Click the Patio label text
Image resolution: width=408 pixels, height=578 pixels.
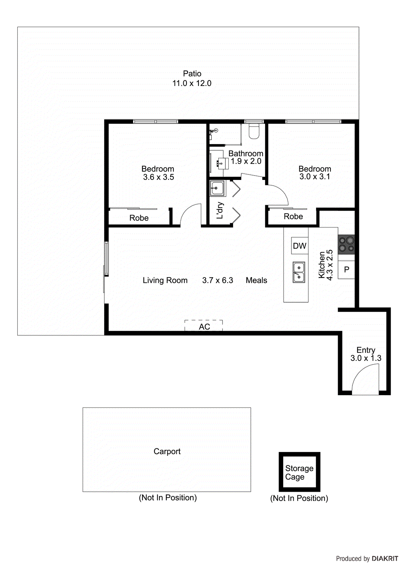click(192, 74)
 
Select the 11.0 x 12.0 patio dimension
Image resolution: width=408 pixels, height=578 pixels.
click(192, 83)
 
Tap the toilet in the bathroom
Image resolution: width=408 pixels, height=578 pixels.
click(254, 132)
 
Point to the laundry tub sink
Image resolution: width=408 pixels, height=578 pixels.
click(218, 188)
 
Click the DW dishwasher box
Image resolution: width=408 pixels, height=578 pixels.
click(299, 246)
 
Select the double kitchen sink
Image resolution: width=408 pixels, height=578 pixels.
click(299, 272)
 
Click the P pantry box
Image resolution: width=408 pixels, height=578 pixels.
click(346, 269)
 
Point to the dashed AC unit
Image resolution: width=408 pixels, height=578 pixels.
click(204, 326)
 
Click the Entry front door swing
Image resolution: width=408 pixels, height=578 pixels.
click(365, 379)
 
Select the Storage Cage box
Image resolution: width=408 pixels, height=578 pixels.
click(299, 472)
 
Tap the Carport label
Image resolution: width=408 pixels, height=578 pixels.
click(167, 452)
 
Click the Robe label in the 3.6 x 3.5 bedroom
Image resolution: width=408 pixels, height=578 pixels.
click(139, 218)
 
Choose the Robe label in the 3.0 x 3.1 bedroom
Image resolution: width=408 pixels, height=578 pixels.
click(293, 217)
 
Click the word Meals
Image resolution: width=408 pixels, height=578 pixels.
click(256, 280)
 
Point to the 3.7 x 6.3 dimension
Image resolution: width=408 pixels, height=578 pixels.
click(218, 280)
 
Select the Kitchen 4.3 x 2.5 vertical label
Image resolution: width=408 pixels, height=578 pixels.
click(325, 265)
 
